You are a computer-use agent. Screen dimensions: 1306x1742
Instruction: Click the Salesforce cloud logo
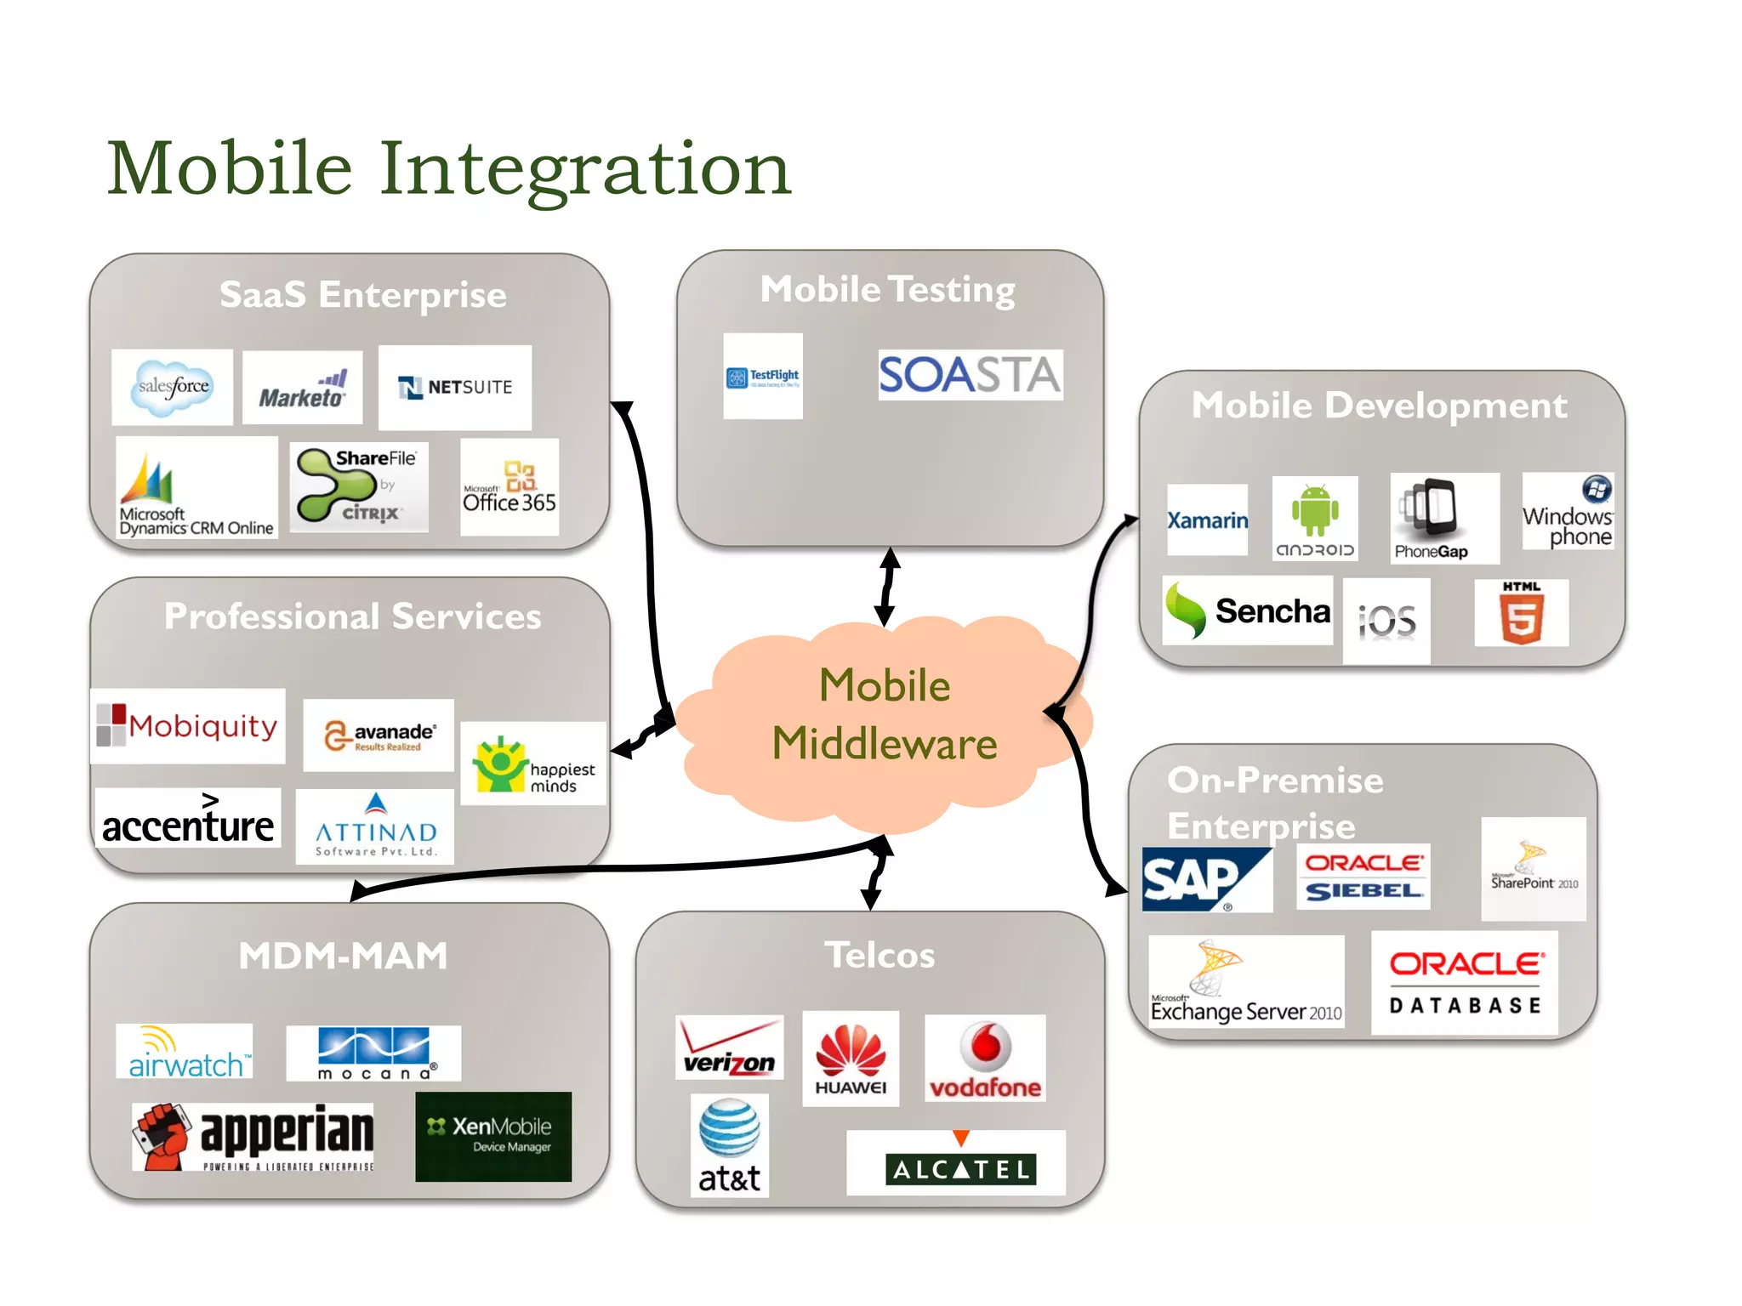tap(173, 387)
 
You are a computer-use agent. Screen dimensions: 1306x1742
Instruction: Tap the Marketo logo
tap(303, 388)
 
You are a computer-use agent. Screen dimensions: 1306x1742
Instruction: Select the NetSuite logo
tap(455, 388)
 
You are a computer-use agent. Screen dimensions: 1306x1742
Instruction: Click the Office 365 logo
tap(510, 487)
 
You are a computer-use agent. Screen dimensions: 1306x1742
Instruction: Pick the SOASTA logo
tap(970, 375)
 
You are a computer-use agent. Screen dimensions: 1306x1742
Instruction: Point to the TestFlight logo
tap(763, 376)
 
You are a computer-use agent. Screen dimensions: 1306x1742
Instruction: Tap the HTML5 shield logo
tap(1522, 613)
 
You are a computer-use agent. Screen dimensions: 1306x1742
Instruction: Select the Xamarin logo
tap(1207, 520)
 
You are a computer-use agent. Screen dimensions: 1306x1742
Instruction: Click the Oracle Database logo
tap(1465, 983)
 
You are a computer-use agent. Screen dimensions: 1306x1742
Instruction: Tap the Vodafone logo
tap(985, 1059)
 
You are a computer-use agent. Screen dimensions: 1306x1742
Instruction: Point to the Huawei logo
tap(851, 1059)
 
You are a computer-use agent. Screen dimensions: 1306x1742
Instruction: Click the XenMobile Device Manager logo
tap(493, 1137)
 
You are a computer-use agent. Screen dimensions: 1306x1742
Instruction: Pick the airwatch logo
tap(185, 1052)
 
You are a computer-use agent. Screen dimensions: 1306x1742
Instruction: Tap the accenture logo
tap(188, 819)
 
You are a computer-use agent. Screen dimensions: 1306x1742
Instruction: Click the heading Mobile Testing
tap(888, 290)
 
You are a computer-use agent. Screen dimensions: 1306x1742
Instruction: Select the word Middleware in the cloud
tap(885, 744)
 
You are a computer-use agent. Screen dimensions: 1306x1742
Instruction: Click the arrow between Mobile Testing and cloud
tap(887, 587)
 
